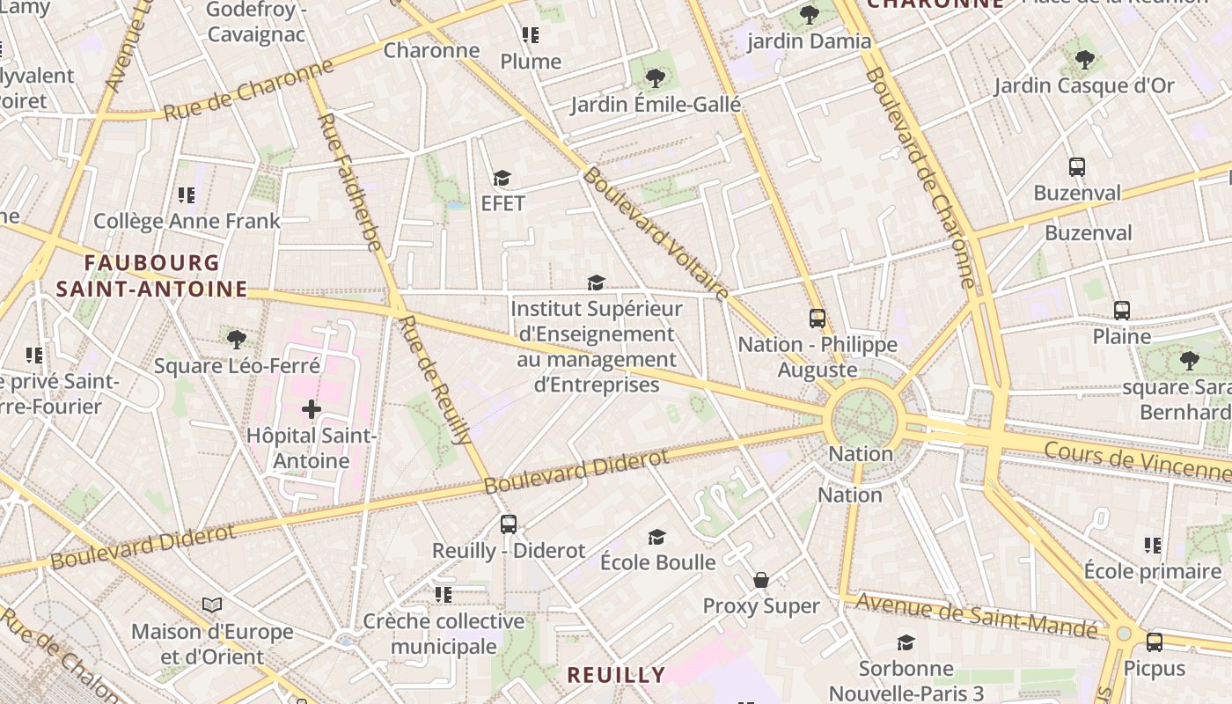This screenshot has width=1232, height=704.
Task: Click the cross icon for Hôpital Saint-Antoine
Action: click(x=312, y=409)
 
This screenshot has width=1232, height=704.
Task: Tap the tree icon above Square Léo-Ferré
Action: click(x=236, y=339)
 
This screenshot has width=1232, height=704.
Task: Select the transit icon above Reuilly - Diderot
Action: click(x=509, y=524)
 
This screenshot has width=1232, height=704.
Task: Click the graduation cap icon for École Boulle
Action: click(x=656, y=537)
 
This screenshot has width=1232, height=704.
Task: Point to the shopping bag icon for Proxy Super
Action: click(x=761, y=580)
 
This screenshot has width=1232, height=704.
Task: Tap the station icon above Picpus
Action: click(x=1154, y=642)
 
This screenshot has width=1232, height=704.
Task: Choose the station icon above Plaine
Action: click(x=1121, y=311)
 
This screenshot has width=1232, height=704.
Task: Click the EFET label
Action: click(x=502, y=203)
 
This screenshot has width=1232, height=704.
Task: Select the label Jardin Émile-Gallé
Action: click(x=656, y=105)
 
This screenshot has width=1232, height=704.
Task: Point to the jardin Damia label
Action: click(x=809, y=41)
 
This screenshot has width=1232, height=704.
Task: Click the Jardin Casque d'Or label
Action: click(x=1084, y=85)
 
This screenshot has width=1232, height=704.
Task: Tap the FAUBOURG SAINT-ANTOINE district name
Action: click(x=151, y=275)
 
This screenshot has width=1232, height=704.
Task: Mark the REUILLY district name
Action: click(x=616, y=675)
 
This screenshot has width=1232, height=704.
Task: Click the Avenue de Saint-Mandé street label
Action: click(x=977, y=615)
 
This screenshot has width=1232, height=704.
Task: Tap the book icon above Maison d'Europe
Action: click(x=212, y=605)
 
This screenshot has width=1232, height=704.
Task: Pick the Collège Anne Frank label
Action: click(x=187, y=221)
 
